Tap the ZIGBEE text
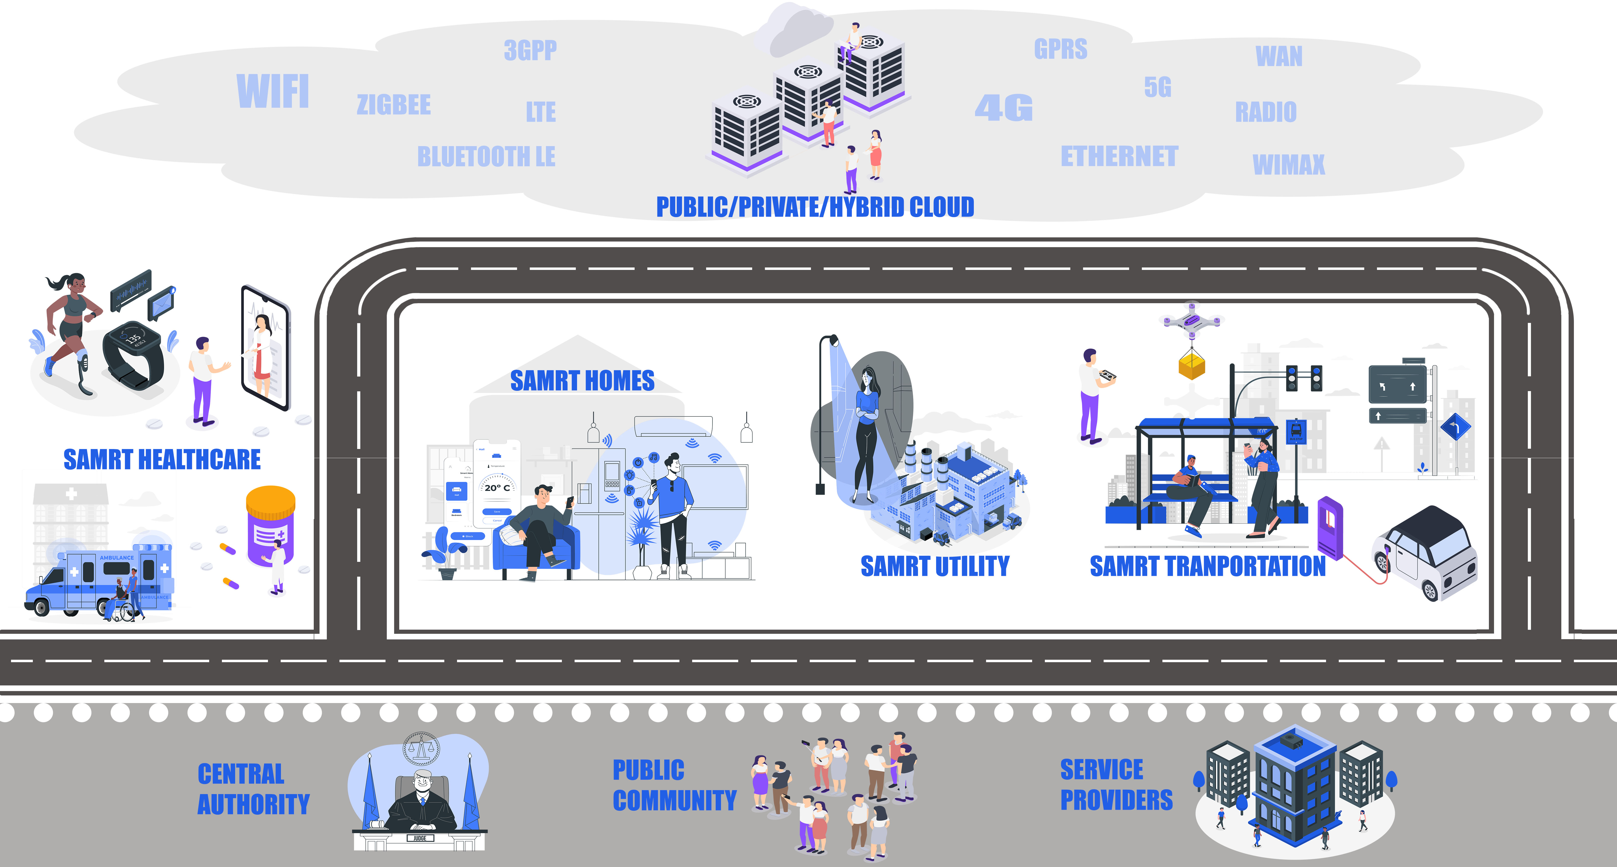coord(394,105)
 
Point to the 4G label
coord(1003,108)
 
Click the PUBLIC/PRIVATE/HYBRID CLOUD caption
coord(815,207)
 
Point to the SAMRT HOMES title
coord(582,381)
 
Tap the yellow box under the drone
coord(1191,365)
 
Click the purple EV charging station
coord(1329,526)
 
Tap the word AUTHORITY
coord(253,804)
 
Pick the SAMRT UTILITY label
coord(935,566)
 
